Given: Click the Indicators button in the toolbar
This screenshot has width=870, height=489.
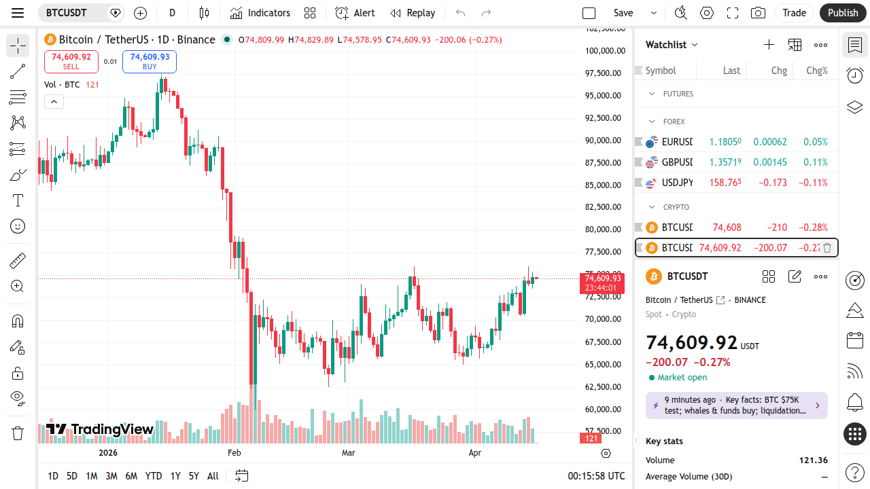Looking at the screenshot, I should tap(260, 13).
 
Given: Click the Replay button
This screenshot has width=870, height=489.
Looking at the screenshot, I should tap(413, 13).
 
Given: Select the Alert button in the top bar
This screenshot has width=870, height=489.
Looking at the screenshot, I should tap(355, 13).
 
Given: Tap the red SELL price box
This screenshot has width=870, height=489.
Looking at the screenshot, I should tap(71, 61).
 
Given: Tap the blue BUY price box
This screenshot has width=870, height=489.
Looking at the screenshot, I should tap(150, 61).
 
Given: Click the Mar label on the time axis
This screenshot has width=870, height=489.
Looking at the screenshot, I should tap(349, 452).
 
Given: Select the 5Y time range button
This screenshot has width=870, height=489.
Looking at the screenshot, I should tap(194, 476).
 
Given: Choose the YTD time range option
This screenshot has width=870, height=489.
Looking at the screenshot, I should tap(154, 476).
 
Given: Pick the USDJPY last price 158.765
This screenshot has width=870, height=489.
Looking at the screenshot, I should tap(725, 183).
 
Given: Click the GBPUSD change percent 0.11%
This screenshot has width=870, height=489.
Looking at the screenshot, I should tap(816, 162).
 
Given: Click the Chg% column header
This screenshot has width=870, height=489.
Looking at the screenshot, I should tap(816, 71).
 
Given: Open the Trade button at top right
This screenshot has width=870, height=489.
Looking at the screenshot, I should tap(794, 13).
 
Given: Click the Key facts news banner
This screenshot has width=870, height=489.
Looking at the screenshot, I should tap(736, 405).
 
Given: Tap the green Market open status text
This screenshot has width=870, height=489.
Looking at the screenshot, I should tap(682, 378).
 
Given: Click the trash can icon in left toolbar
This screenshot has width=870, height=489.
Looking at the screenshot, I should tap(18, 433).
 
